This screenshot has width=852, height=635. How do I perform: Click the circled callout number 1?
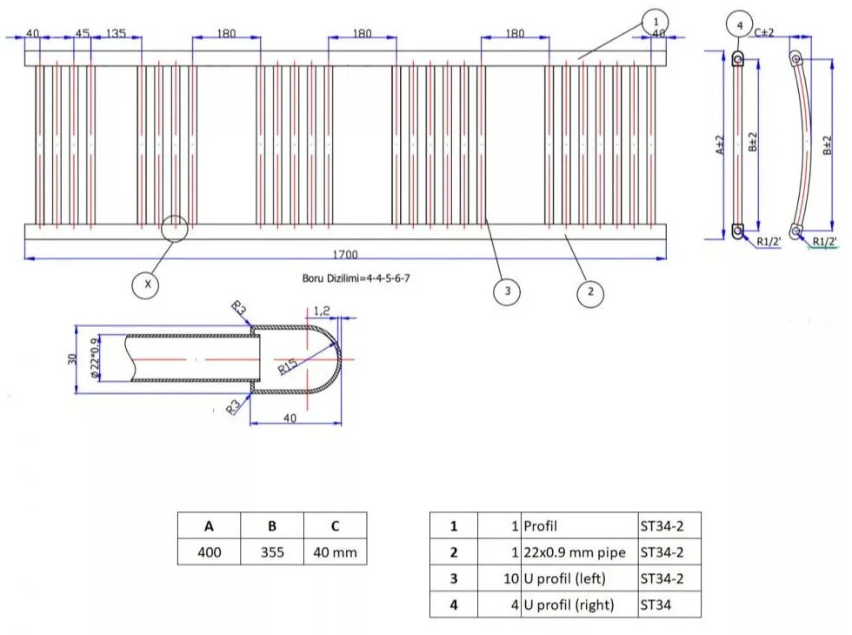pos(656,21)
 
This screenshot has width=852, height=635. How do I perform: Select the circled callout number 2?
pos(590,291)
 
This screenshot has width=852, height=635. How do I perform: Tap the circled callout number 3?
pos(507,291)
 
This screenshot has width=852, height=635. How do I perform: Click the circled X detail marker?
pos(147,284)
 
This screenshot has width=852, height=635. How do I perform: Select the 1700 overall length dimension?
pos(345,255)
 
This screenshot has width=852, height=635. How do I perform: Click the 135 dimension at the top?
pos(116,33)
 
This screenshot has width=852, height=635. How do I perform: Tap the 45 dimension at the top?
pos(83,33)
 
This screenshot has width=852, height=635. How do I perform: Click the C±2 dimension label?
pos(763,32)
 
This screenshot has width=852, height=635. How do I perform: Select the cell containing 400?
pos(210,552)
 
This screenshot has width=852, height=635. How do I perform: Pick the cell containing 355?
pos(272,552)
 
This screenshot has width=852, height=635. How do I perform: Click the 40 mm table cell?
pos(335,552)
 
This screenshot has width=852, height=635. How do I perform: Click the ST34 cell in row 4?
pos(669,605)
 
